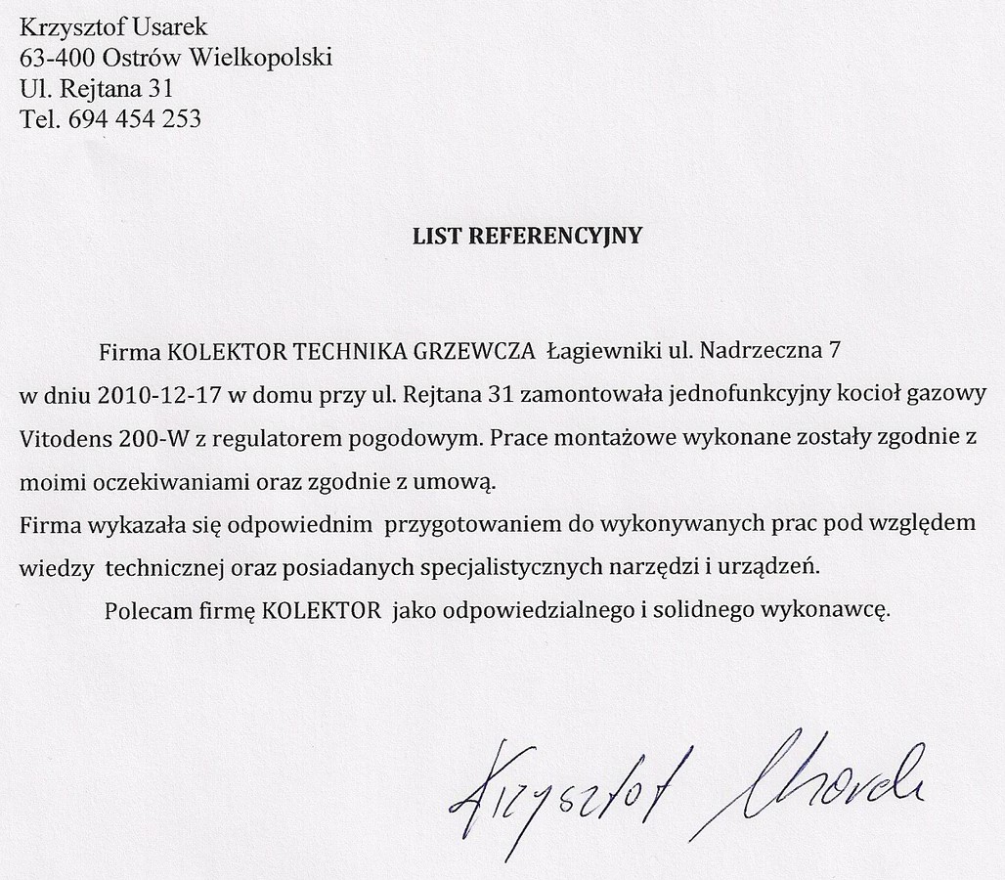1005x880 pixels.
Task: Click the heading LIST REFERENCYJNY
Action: click(x=528, y=236)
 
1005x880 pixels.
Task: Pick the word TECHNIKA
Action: click(x=330, y=349)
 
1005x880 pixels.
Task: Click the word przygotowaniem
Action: click(x=458, y=523)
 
